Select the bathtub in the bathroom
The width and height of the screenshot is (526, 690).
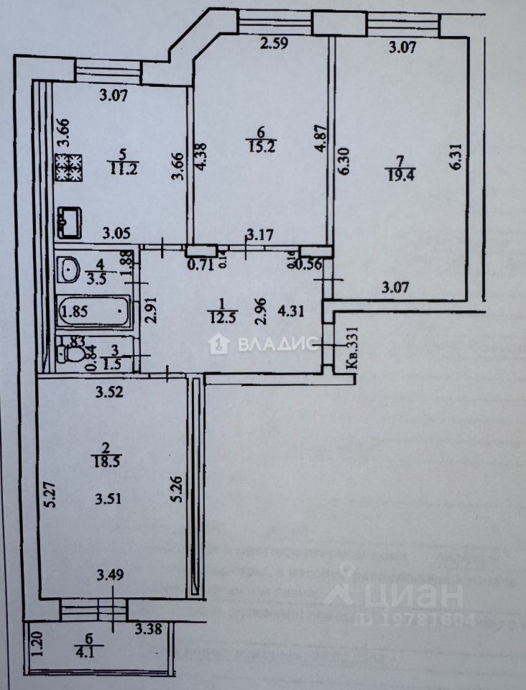[94, 312]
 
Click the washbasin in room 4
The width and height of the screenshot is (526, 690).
[71, 270]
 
